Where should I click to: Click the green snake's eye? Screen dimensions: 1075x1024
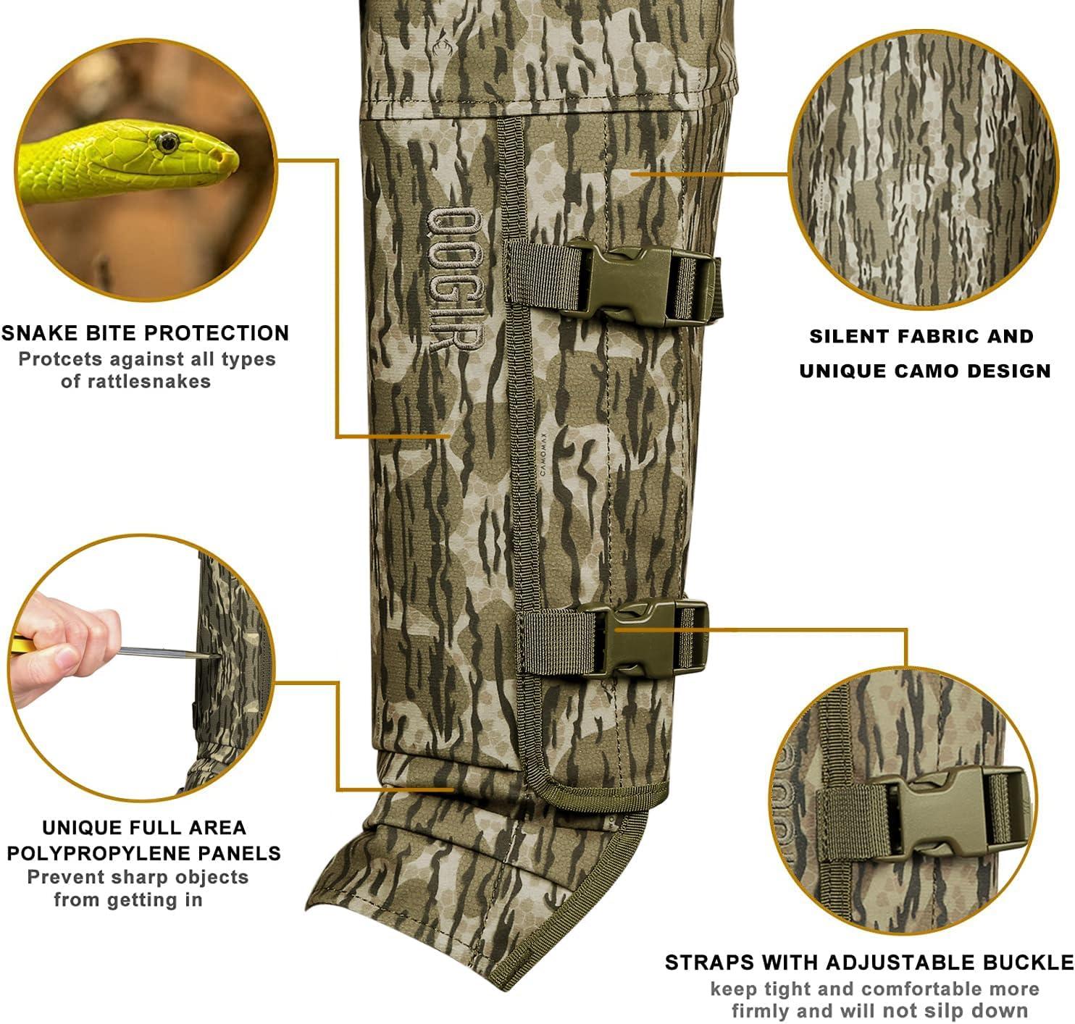click(x=166, y=143)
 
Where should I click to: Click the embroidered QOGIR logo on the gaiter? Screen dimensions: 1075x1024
click(x=454, y=278)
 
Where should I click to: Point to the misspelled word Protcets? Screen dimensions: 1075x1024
click(x=60, y=359)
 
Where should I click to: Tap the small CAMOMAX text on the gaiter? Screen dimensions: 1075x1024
click(x=543, y=454)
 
